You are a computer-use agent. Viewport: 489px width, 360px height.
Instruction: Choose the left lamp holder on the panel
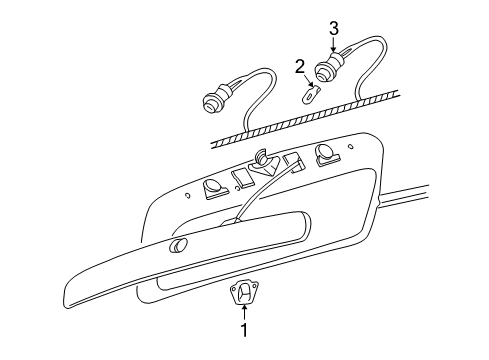pyautogui.click(x=213, y=186)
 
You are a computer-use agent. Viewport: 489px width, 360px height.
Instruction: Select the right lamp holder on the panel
pyautogui.click(x=325, y=153)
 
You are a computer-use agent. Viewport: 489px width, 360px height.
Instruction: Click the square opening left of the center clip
pyautogui.click(x=241, y=178)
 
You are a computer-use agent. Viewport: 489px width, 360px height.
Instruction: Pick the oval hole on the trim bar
pyautogui.click(x=179, y=247)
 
